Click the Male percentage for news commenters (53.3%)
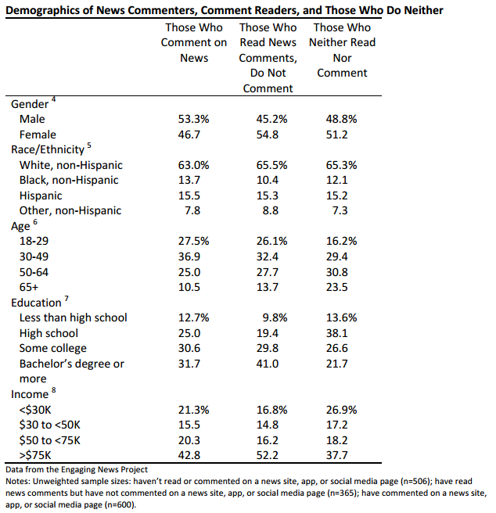point(193,119)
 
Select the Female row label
point(38,135)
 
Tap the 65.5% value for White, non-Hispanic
point(271,165)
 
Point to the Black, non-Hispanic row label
point(69,180)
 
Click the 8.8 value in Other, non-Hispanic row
point(271,210)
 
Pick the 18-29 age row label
point(34,241)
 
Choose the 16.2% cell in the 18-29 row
point(341,241)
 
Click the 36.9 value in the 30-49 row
point(189,256)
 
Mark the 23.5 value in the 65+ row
point(337,287)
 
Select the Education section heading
point(36,303)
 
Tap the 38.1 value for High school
point(337,333)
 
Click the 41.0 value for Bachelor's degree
point(268,364)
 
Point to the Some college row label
point(53,348)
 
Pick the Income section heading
point(30,394)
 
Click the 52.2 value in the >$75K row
point(268,455)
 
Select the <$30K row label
point(35,410)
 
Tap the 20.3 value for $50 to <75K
point(189,440)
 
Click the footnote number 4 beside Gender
point(53,99)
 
